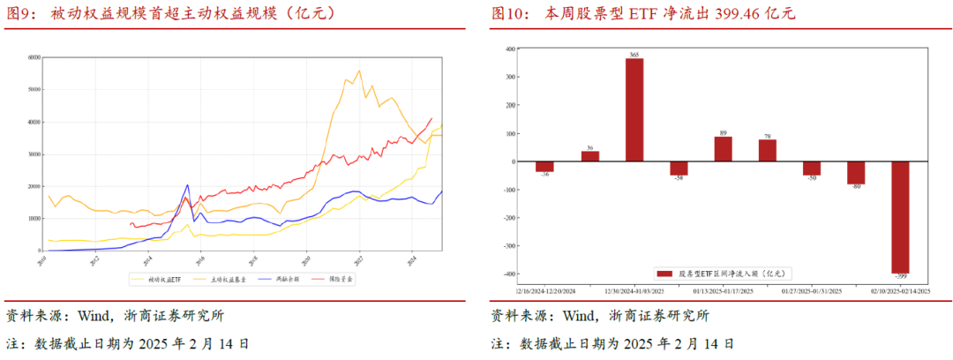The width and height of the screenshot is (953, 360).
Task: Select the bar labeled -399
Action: click(900, 217)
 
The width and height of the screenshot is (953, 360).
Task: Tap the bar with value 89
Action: click(723, 149)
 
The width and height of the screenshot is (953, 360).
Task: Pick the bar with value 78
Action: click(768, 151)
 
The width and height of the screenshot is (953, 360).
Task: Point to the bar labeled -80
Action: click(856, 173)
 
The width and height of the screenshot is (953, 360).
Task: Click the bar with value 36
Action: click(590, 156)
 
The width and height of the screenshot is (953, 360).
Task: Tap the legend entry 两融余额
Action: click(287, 279)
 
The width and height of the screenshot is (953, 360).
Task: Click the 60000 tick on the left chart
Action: click(35, 57)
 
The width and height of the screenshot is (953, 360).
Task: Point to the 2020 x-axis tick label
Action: click(305, 257)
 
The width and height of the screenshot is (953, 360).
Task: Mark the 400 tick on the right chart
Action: click(509, 49)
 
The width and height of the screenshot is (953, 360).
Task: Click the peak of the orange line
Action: click(358, 71)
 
